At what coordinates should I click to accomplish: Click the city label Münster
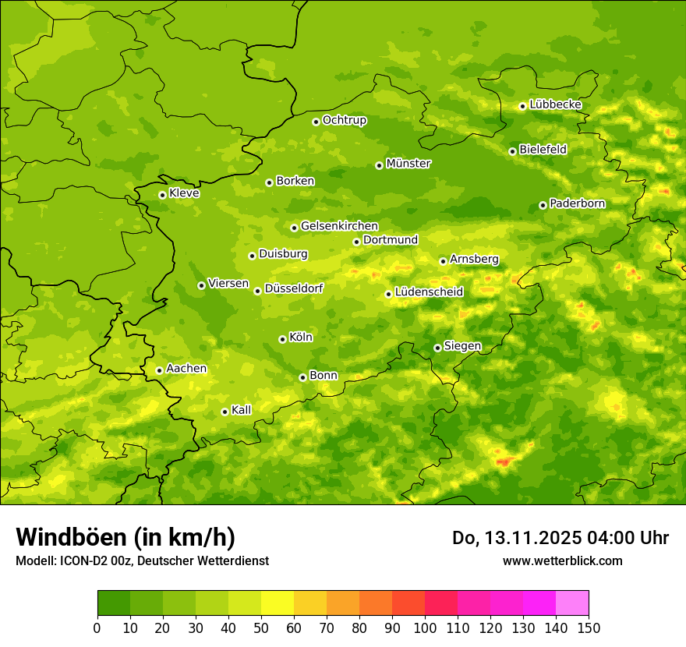[408, 164]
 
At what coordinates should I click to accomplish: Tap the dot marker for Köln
[282, 339]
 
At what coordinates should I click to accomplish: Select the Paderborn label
[577, 203]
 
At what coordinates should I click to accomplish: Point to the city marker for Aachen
[159, 370]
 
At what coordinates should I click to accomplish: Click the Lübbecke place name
[555, 104]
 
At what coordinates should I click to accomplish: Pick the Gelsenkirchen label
[339, 226]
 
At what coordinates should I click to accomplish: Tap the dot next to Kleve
[162, 195]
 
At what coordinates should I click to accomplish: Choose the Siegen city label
[462, 346]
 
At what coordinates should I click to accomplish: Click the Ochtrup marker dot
[316, 122]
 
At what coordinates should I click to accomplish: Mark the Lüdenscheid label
[429, 292]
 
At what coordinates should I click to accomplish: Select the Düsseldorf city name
[293, 288]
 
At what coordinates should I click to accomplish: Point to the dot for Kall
[225, 412]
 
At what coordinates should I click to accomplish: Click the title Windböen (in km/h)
[126, 537]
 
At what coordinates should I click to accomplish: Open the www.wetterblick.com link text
[562, 560]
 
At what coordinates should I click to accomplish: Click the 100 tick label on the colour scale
[425, 628]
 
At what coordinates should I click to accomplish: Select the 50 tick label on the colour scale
[261, 628]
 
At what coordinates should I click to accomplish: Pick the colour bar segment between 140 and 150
[571, 603]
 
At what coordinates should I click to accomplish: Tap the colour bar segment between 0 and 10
[114, 603]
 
